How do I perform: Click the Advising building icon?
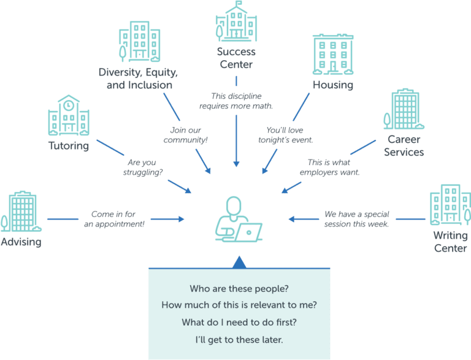[21, 211]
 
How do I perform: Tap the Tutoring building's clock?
[69, 105]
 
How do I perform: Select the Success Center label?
[236, 58]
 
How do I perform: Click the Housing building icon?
[333, 55]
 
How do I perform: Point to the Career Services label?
[404, 146]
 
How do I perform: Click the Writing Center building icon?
[450, 205]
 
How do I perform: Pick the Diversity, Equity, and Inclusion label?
[139, 79]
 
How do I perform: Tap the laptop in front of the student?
[248, 232]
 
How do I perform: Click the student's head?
[234, 205]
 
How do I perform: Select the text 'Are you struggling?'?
[142, 167]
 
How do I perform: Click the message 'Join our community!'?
[185, 135]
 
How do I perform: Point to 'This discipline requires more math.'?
[236, 101]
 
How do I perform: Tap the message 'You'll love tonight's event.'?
[285, 135]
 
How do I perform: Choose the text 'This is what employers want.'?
[329, 167]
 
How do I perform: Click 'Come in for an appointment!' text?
[114, 219]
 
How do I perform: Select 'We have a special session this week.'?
[356, 219]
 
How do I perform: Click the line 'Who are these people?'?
[239, 288]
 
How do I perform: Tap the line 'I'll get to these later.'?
[239, 340]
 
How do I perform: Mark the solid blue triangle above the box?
[239, 262]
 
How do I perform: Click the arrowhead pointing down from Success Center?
[236, 164]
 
